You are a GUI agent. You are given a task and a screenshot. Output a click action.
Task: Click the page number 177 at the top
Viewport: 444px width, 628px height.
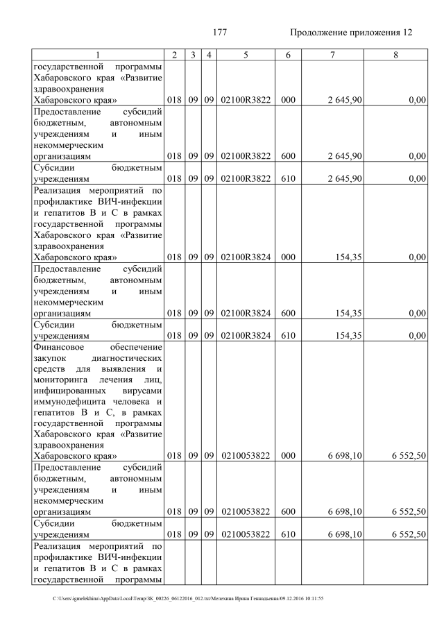[220, 33]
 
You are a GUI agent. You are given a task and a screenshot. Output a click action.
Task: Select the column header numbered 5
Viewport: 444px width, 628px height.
[246, 55]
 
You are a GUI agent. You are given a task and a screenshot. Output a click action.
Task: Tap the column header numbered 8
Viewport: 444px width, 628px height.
[395, 55]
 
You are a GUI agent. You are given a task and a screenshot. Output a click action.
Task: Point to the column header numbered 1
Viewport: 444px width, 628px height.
[98, 55]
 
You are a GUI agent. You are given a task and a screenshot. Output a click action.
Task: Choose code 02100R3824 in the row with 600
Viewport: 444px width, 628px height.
[246, 313]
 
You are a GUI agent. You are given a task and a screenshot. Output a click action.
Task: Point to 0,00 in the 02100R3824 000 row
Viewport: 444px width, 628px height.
[417, 257]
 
